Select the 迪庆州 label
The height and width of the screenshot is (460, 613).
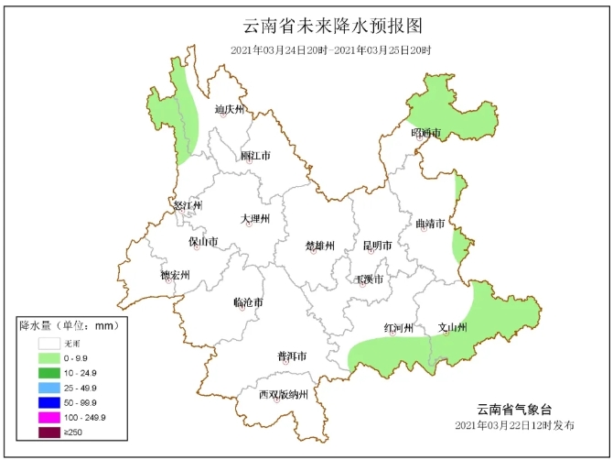click(230, 110)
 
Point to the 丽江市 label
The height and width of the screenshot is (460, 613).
click(255, 156)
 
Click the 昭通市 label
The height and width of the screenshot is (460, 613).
click(425, 134)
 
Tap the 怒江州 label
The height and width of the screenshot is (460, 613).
click(188, 205)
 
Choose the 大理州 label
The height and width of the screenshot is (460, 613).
click(255, 219)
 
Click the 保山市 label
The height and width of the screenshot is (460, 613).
click(203, 243)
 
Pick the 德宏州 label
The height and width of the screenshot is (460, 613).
click(175, 275)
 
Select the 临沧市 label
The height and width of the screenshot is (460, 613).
click(248, 302)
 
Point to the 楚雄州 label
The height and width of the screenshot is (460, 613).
click(320, 246)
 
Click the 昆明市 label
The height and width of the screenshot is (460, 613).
click(377, 246)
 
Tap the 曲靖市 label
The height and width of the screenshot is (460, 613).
click(430, 224)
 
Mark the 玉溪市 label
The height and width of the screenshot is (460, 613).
click(370, 279)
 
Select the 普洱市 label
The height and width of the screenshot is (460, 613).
click(292, 356)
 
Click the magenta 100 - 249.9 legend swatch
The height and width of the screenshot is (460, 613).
click(48, 417)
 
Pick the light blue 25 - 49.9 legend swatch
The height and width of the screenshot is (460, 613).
click(48, 388)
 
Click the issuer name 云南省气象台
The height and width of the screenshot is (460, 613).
click(515, 409)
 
